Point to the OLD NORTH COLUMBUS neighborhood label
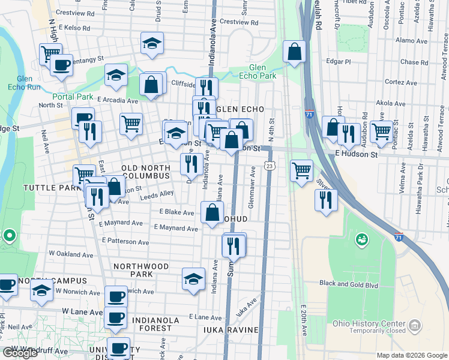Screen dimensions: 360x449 click(x=146, y=172)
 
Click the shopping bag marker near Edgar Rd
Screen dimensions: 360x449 click(x=294, y=53)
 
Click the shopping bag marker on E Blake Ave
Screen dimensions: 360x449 click(x=212, y=212)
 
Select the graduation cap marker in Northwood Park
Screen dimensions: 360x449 click(x=193, y=279)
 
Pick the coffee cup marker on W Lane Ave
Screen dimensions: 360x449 click(x=116, y=317)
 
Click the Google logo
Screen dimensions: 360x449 click(x=20, y=353)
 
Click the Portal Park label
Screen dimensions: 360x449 click(x=73, y=97)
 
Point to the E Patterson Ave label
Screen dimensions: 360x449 click(x=125, y=240)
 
